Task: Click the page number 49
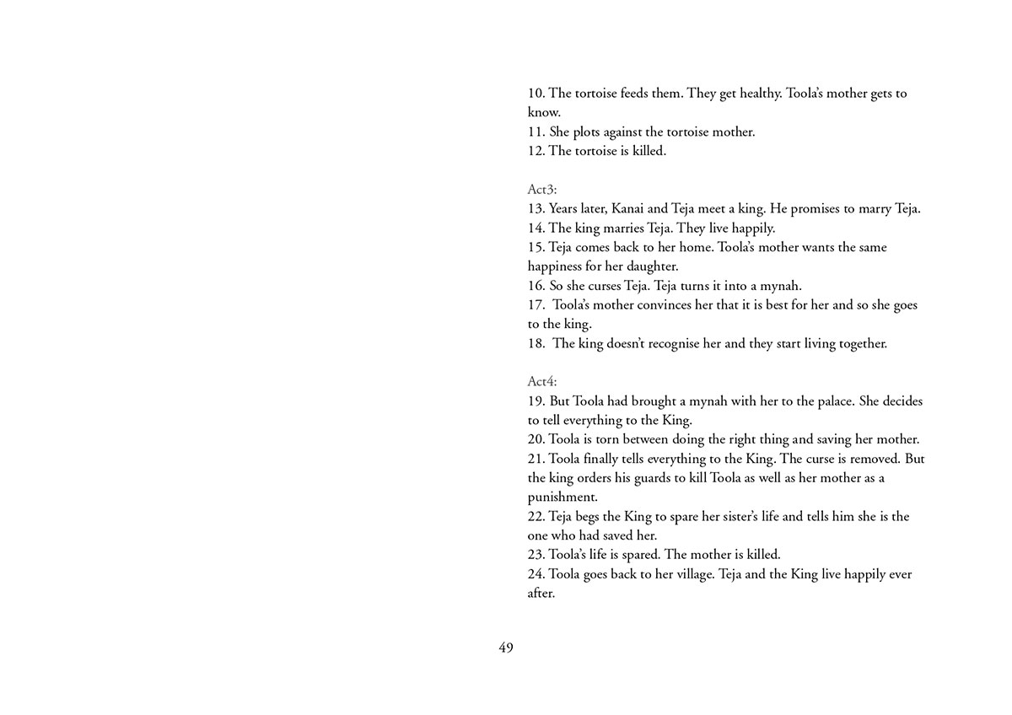pos(506,648)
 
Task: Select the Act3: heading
pos(542,190)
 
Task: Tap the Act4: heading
pos(542,382)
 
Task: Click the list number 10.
pos(536,94)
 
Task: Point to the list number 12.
pos(536,151)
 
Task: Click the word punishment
pos(563,497)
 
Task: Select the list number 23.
pos(536,555)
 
